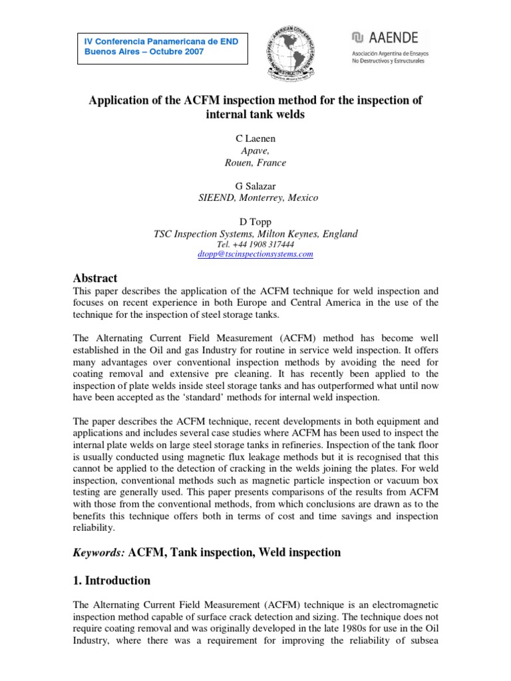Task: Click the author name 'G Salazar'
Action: click(255, 186)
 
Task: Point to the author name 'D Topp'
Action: click(255, 221)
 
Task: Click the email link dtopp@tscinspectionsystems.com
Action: click(255, 254)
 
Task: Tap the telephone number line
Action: click(255, 244)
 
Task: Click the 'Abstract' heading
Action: click(95, 278)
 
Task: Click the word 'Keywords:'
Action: click(98, 552)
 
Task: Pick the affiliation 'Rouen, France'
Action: click(255, 163)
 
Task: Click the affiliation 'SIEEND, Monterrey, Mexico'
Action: click(255, 198)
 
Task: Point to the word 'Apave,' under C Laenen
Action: click(255, 151)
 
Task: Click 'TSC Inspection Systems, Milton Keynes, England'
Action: click(255, 233)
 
